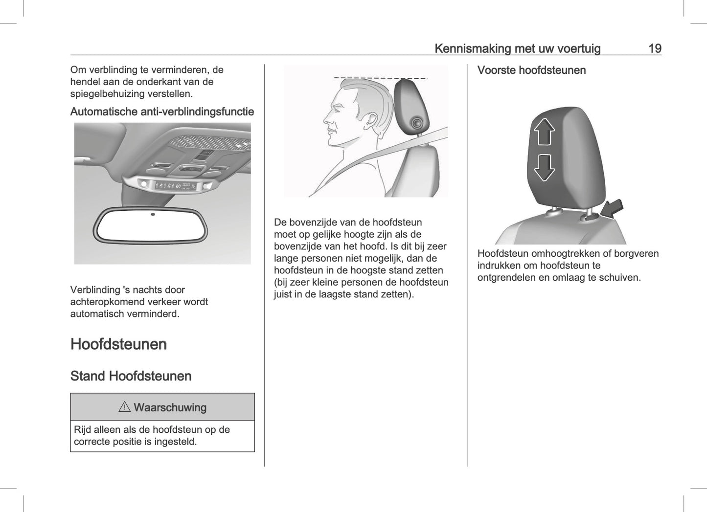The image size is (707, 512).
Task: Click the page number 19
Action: [655, 48]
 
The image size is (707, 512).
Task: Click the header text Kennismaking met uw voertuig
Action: [517, 48]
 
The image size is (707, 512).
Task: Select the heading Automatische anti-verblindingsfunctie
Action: [162, 111]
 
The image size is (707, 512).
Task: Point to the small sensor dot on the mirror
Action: [153, 214]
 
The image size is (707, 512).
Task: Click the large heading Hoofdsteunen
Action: [118, 344]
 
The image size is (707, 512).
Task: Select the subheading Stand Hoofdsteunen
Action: [131, 376]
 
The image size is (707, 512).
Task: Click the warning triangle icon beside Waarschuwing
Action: [124, 407]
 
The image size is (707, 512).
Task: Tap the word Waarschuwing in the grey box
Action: [170, 407]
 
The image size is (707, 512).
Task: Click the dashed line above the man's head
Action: [380, 78]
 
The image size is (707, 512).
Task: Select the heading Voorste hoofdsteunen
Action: [531, 70]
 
